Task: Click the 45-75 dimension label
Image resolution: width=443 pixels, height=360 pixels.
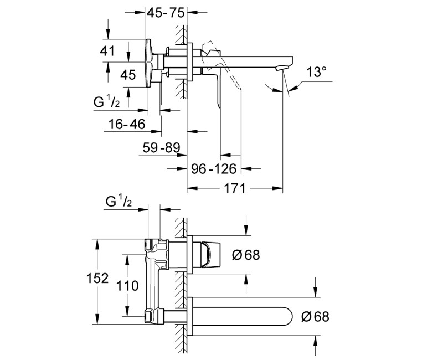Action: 166,12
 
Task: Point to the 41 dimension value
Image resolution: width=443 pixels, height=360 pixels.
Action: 107,51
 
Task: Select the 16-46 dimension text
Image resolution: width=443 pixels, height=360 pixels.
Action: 127,124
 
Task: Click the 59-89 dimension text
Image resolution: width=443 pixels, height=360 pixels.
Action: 161,147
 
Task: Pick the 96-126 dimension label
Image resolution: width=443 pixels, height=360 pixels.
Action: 214,169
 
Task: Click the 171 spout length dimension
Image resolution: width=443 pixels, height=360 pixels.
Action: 235,188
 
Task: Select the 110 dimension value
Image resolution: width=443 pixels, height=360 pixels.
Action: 127,286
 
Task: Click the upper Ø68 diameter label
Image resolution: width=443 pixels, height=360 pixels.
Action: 246,255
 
